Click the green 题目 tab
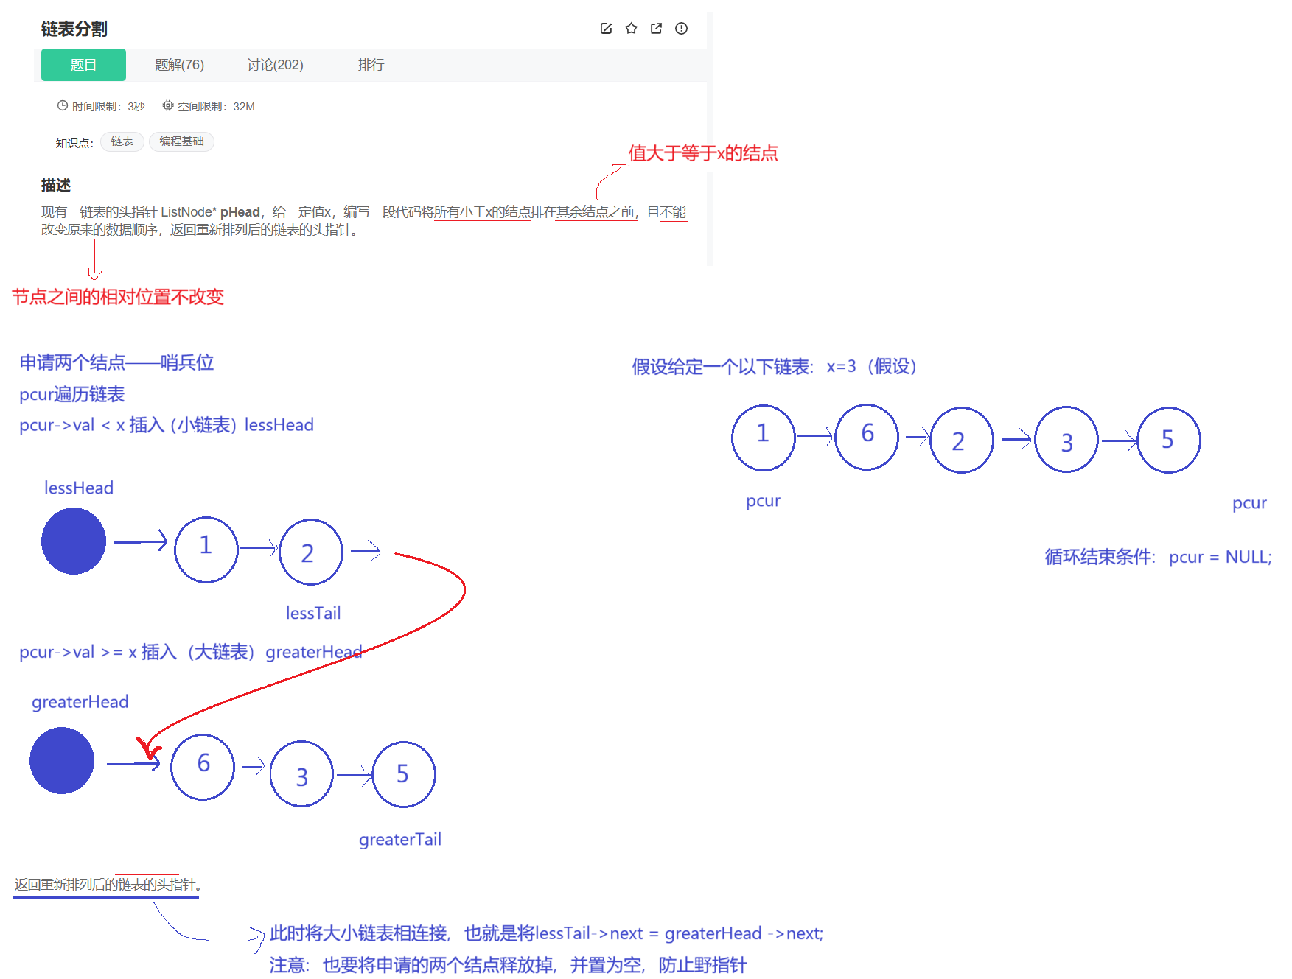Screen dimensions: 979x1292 click(83, 65)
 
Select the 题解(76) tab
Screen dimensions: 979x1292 click(179, 65)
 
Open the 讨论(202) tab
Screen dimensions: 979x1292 click(275, 65)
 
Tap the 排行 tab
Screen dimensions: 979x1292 click(371, 65)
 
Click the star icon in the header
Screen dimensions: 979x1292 click(632, 28)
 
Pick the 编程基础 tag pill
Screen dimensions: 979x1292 click(181, 141)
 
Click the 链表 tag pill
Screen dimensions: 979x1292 click(122, 141)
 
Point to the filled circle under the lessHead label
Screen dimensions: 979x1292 click(74, 541)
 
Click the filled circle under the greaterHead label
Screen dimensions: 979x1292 click(62, 760)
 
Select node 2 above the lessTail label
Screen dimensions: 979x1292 click(311, 552)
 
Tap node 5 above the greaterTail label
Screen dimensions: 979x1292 click(405, 774)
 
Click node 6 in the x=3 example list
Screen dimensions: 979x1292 click(867, 437)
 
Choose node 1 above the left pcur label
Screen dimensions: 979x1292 click(764, 437)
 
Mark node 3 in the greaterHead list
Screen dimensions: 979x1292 click(302, 774)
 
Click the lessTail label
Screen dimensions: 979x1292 click(313, 613)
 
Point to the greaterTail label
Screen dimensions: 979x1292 click(399, 840)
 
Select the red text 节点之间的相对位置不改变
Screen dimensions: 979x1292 click(118, 297)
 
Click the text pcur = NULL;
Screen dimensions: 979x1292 click(1220, 557)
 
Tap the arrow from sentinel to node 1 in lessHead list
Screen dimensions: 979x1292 click(140, 542)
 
